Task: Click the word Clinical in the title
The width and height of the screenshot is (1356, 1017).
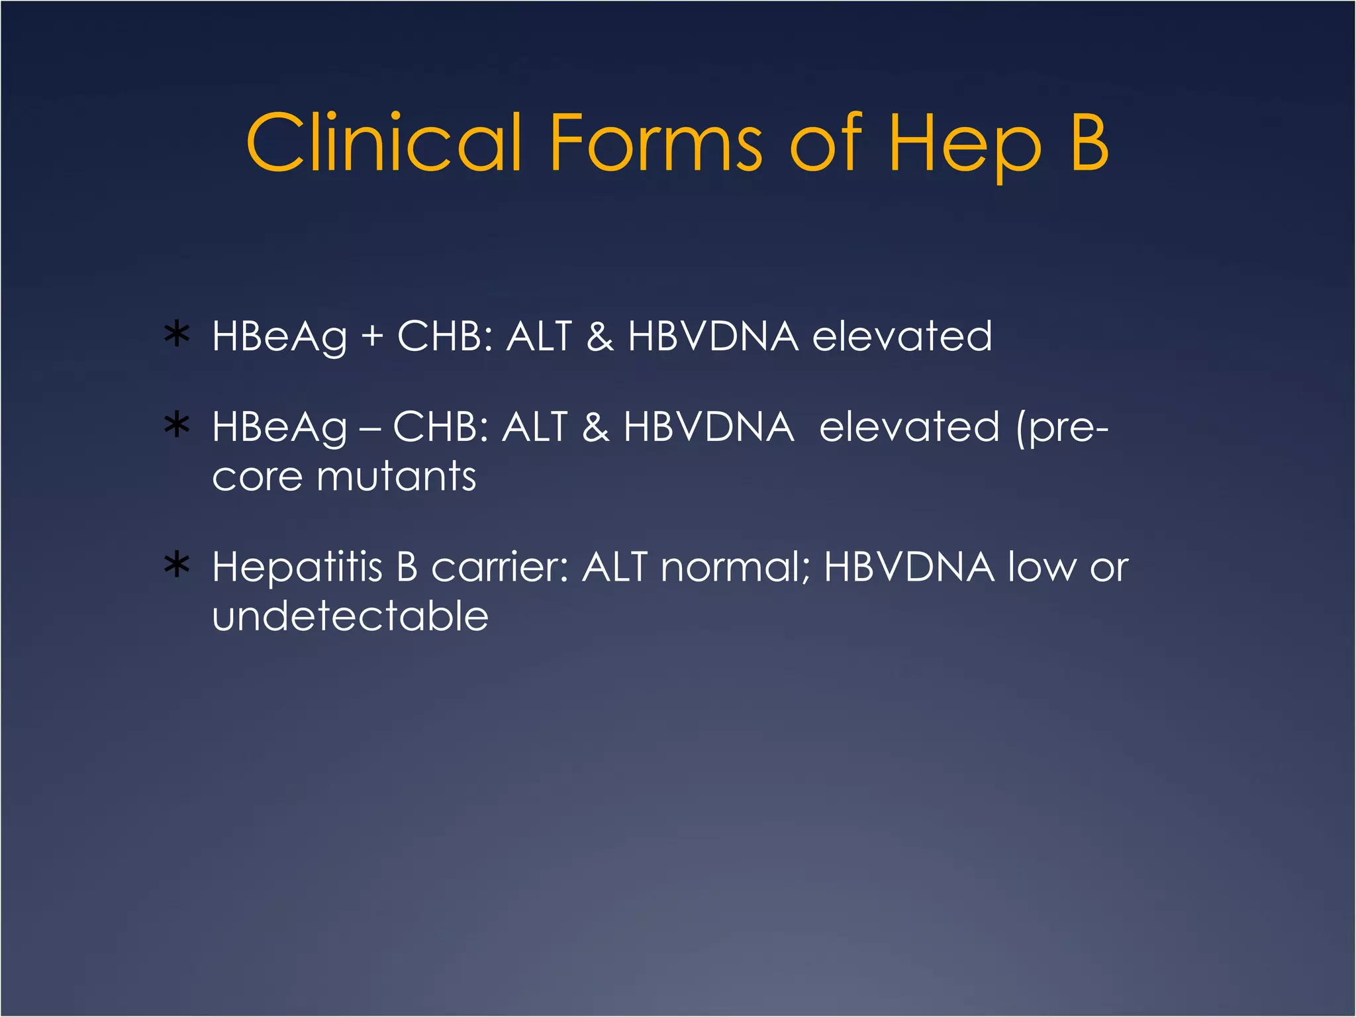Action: (x=384, y=142)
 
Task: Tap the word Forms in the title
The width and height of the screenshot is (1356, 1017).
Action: (x=655, y=142)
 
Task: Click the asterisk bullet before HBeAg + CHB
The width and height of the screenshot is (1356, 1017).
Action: (x=177, y=335)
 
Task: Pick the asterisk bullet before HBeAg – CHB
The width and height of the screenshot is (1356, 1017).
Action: (x=177, y=426)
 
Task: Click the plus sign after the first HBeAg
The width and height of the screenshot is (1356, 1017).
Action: (x=372, y=336)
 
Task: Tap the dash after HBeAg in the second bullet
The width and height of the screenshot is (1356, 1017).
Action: (x=369, y=429)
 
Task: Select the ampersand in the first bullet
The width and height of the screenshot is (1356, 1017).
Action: (x=600, y=336)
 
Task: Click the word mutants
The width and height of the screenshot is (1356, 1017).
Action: (x=397, y=476)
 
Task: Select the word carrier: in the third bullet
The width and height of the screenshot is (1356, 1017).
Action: (x=500, y=568)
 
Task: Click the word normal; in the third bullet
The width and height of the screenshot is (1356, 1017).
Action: (x=735, y=568)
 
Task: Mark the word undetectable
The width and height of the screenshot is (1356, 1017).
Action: (x=350, y=616)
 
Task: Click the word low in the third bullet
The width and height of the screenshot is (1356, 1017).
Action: (x=1042, y=567)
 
